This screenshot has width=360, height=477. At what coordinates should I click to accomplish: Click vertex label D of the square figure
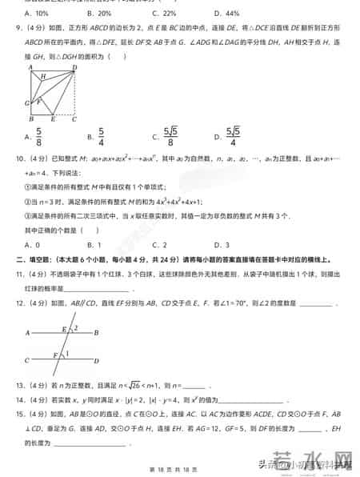74,68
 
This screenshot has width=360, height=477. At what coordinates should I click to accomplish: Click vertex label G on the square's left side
26,102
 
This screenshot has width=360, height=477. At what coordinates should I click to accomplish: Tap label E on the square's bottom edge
53,119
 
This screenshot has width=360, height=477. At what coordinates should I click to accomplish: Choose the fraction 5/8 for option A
38,137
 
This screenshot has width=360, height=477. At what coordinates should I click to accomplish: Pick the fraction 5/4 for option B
102,137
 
